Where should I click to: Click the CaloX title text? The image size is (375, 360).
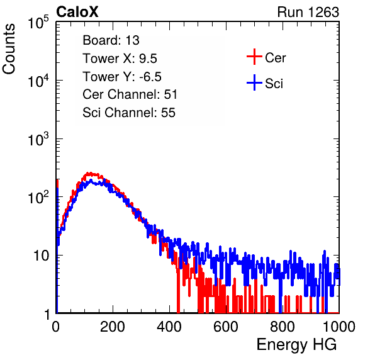click(77, 12)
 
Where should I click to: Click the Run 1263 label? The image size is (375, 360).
click(308, 12)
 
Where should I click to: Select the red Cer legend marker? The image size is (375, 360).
click(254, 57)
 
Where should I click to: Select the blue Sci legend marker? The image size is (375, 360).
click(254, 82)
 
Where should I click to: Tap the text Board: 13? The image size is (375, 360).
click(111, 40)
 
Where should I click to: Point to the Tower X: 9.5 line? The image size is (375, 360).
click(120, 59)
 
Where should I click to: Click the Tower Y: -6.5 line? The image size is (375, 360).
click(122, 77)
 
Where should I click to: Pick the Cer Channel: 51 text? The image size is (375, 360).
click(130, 94)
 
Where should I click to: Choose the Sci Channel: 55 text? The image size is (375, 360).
click(129, 113)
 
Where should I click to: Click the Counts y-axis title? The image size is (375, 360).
click(9, 49)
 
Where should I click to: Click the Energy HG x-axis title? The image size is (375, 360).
click(296, 344)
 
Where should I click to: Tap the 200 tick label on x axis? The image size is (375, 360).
click(113, 327)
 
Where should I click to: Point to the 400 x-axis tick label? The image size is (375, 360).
click(169, 327)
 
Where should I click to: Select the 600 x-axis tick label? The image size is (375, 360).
click(226, 327)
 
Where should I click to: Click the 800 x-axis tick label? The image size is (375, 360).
click(283, 327)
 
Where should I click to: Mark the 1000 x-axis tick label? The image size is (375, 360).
click(339, 327)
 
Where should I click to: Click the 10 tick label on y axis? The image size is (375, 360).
click(42, 256)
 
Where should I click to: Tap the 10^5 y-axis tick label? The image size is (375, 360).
click(38, 22)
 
